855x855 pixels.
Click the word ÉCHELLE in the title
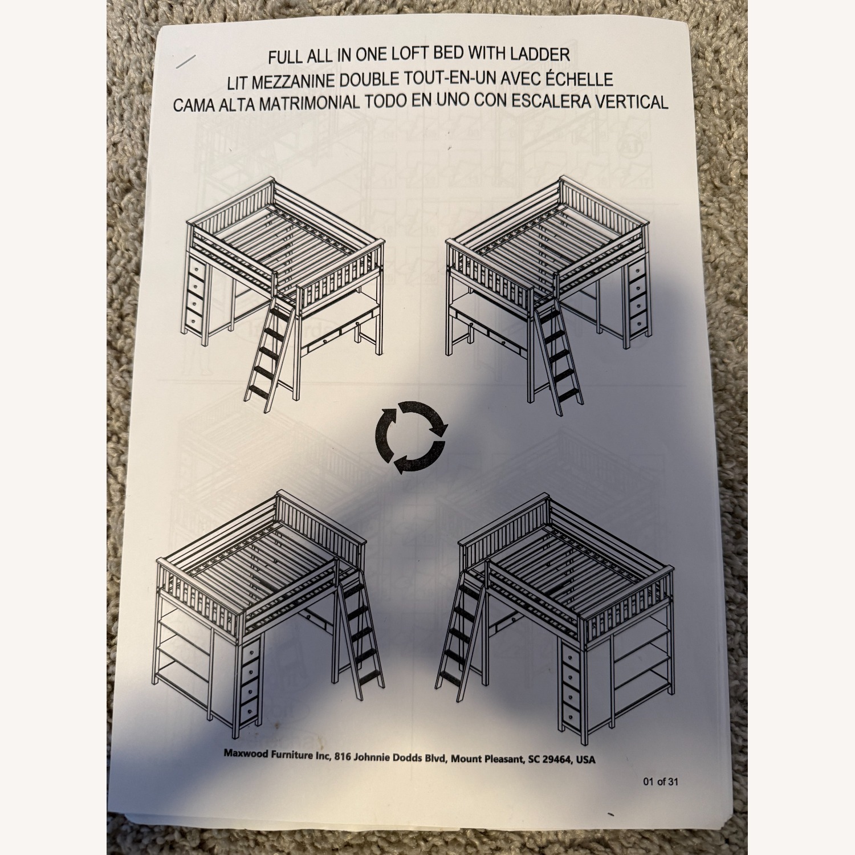pyautogui.click(x=580, y=79)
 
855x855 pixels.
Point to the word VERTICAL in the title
pyautogui.click(x=632, y=101)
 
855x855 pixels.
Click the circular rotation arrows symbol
pyautogui.click(x=410, y=437)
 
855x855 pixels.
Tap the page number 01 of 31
pyautogui.click(x=661, y=781)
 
